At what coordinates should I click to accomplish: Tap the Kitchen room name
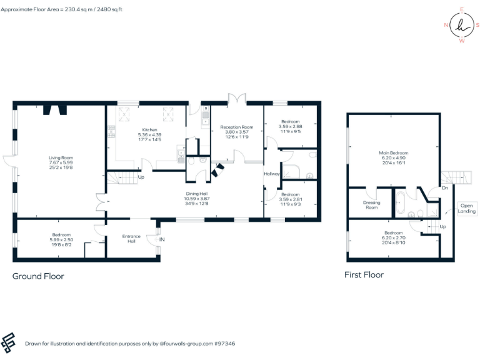point(149,129)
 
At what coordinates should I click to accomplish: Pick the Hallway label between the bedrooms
point(272,174)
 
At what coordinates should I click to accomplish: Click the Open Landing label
point(467,208)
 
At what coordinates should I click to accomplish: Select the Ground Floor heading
point(38,276)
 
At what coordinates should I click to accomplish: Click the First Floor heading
point(364,274)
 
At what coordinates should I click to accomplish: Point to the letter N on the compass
point(446,25)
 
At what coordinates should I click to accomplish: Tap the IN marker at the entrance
point(161,239)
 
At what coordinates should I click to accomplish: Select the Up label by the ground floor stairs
point(141,177)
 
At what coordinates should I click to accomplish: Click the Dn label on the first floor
point(444,187)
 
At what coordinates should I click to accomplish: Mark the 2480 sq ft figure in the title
point(108,10)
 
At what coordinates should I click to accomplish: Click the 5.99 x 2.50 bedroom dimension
point(61,239)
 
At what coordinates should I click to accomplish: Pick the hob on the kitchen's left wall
point(112,131)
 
